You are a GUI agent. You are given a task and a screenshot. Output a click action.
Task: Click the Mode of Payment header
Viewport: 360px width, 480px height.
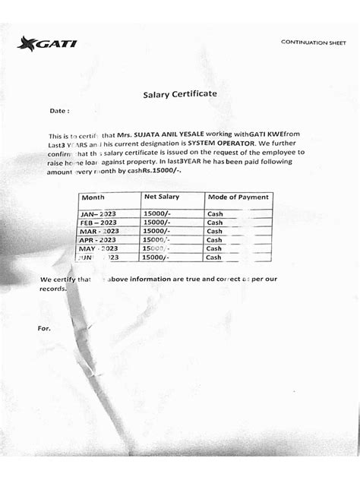pyautogui.click(x=238, y=197)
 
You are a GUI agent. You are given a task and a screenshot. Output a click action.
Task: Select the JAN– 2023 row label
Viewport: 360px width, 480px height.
pyautogui.click(x=99, y=214)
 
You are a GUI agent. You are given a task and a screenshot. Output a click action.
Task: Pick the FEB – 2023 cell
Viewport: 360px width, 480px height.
pyautogui.click(x=99, y=223)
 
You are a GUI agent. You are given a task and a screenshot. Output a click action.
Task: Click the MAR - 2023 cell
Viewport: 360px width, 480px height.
pyautogui.click(x=99, y=231)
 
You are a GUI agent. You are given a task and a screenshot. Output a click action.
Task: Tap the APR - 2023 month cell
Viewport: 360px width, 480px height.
pyautogui.click(x=99, y=239)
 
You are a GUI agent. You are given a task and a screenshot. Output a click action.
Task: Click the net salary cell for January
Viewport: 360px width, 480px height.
pyautogui.click(x=157, y=214)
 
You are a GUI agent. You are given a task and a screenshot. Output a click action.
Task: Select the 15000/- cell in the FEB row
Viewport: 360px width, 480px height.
pyautogui.click(x=157, y=223)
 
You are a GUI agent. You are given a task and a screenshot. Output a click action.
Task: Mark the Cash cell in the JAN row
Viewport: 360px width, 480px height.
pyautogui.click(x=215, y=214)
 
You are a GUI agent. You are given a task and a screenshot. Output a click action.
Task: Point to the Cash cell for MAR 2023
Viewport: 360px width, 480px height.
pyautogui.click(x=215, y=231)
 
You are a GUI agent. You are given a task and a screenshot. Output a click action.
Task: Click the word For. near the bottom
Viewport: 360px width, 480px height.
pyautogui.click(x=43, y=328)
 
